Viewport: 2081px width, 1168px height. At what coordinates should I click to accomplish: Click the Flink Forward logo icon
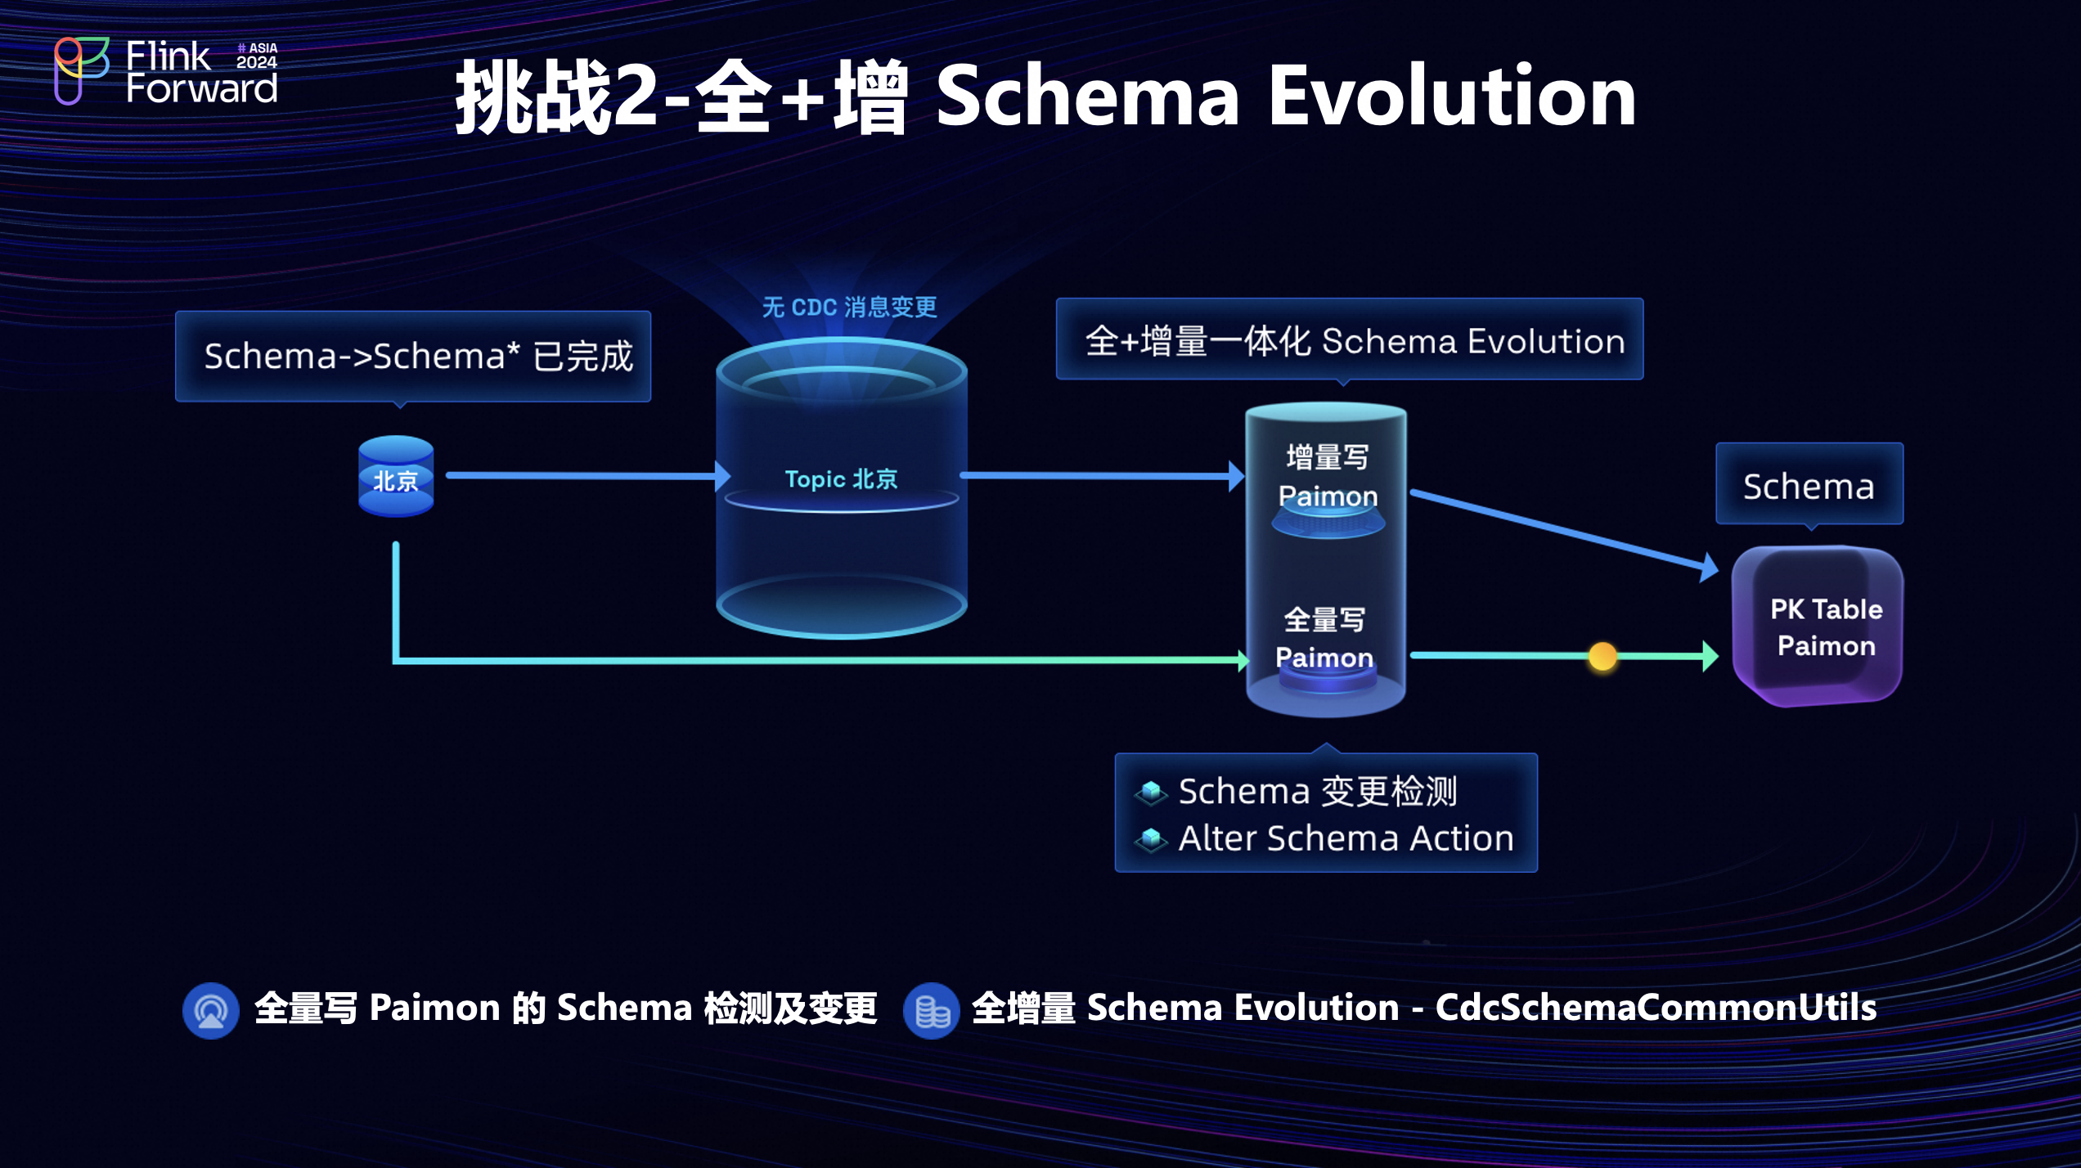[x=80, y=70]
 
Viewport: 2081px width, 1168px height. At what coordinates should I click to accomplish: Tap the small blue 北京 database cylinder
[x=396, y=477]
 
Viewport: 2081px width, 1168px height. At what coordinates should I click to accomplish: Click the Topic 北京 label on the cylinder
[x=841, y=479]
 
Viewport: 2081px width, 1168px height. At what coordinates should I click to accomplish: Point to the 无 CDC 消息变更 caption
[x=849, y=308]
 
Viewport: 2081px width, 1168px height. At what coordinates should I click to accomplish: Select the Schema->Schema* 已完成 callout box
[x=413, y=357]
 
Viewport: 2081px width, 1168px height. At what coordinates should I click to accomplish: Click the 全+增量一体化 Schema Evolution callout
[x=1350, y=340]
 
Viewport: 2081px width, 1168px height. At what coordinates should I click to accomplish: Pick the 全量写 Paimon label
[x=1324, y=639]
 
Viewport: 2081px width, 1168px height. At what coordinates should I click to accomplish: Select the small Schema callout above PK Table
[x=1809, y=486]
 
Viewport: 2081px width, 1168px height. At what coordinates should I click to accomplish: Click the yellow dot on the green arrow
[x=1602, y=656]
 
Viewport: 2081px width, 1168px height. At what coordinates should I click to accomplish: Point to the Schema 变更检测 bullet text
[x=1317, y=792]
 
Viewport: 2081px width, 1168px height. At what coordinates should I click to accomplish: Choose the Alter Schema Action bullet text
[x=1346, y=839]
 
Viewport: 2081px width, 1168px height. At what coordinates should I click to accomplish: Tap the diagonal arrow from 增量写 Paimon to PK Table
[x=1562, y=530]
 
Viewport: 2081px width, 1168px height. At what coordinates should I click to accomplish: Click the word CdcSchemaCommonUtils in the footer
[x=1656, y=1008]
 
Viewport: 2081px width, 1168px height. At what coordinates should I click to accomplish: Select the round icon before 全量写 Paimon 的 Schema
[x=211, y=1011]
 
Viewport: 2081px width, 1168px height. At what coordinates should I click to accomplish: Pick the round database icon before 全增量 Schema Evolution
[x=931, y=1011]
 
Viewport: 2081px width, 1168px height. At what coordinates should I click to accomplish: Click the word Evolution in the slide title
[x=1451, y=97]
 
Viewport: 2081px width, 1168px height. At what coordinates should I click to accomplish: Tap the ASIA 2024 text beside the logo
[x=257, y=56]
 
